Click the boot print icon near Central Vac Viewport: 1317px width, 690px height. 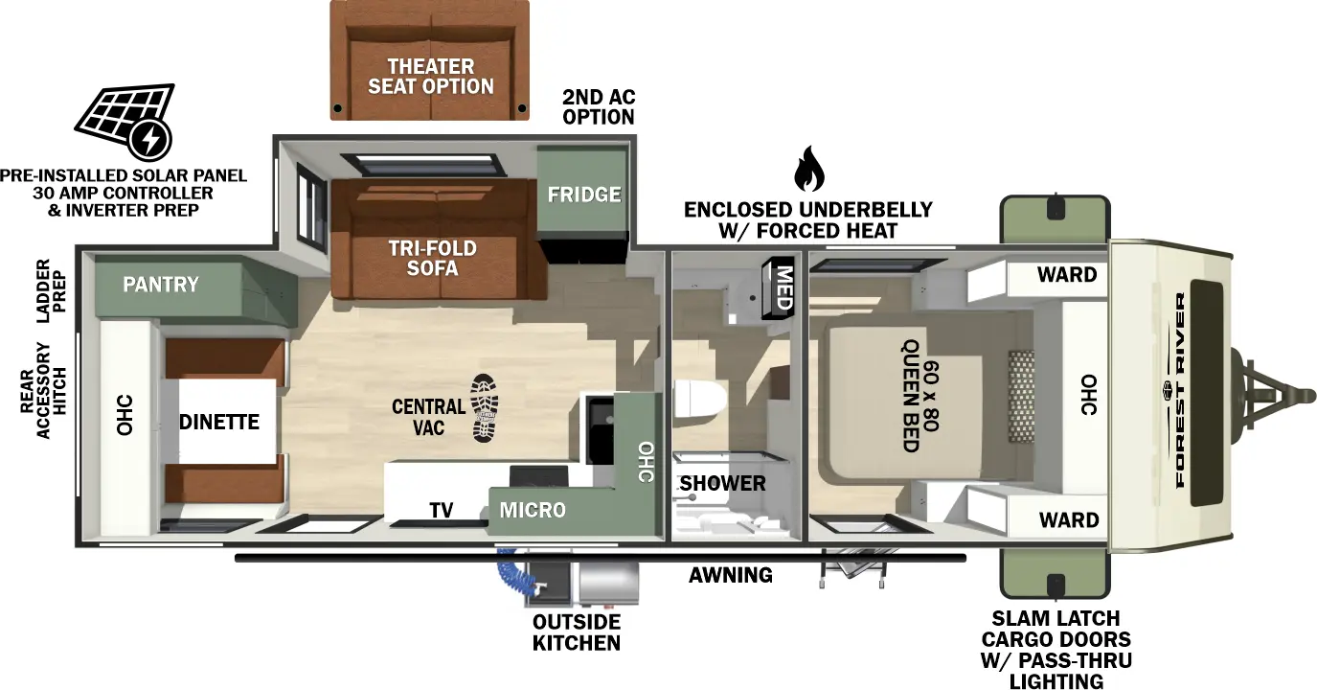(x=485, y=407)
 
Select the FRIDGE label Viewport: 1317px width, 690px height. (x=583, y=195)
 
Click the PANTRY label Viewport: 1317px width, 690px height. (x=160, y=284)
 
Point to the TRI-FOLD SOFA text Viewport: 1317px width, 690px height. (x=432, y=258)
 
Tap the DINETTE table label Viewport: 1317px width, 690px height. (x=219, y=422)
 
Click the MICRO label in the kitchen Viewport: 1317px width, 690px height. (x=533, y=510)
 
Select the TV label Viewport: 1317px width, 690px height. (x=441, y=510)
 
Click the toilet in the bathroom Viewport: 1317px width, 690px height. (x=698, y=401)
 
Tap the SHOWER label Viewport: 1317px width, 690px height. (x=723, y=483)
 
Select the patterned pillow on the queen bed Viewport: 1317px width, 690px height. (x=1021, y=396)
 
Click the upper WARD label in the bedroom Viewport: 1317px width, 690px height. (x=1067, y=275)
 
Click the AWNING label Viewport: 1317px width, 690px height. (x=731, y=575)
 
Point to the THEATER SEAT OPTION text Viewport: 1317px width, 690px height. (x=431, y=76)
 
